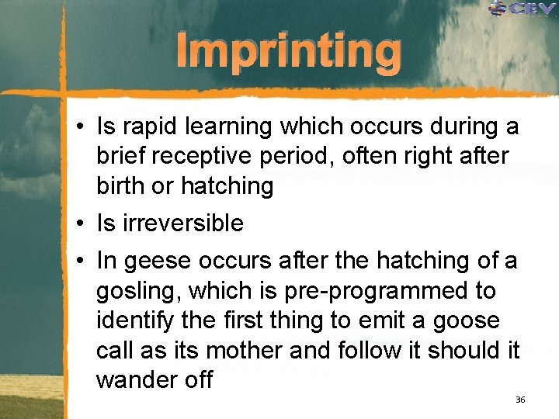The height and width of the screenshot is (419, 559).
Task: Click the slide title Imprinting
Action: [x=289, y=52]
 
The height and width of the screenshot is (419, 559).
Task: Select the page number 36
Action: [x=520, y=400]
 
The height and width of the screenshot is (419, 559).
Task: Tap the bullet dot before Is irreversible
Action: [x=81, y=223]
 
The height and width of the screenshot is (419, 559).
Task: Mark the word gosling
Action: [x=137, y=291]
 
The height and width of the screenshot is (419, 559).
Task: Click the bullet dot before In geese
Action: [x=81, y=261]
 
